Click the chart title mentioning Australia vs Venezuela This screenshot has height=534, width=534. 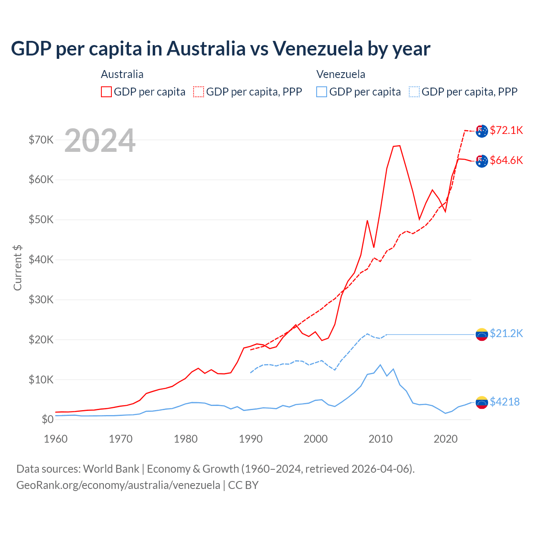pos(220,49)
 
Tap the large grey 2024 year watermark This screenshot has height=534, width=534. pos(100,141)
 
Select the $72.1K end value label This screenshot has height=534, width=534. pos(506,130)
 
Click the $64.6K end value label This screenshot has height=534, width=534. pos(506,160)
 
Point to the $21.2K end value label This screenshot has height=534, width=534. pos(506,333)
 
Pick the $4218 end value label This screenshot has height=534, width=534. pos(504,402)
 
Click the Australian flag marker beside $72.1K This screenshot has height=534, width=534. pos(482,131)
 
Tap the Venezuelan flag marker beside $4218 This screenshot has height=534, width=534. pos(482,403)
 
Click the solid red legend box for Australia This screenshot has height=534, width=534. pos(106,92)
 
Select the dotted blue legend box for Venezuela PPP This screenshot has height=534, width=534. pos(414,92)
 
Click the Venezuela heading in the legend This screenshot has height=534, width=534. pos(340,74)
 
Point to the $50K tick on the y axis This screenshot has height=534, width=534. pos(41,219)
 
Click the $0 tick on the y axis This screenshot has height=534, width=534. pos(48,419)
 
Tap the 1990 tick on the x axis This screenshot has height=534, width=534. pos(251,439)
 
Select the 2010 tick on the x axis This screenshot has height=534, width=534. pos(380,439)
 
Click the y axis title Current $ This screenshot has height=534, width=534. pos(18,268)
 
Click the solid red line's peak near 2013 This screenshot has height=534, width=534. pos(399,146)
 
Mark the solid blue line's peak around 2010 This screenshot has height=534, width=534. pos(380,365)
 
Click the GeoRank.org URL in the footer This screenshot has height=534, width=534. pos(118,485)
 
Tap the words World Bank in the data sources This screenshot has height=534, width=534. pos(111,469)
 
